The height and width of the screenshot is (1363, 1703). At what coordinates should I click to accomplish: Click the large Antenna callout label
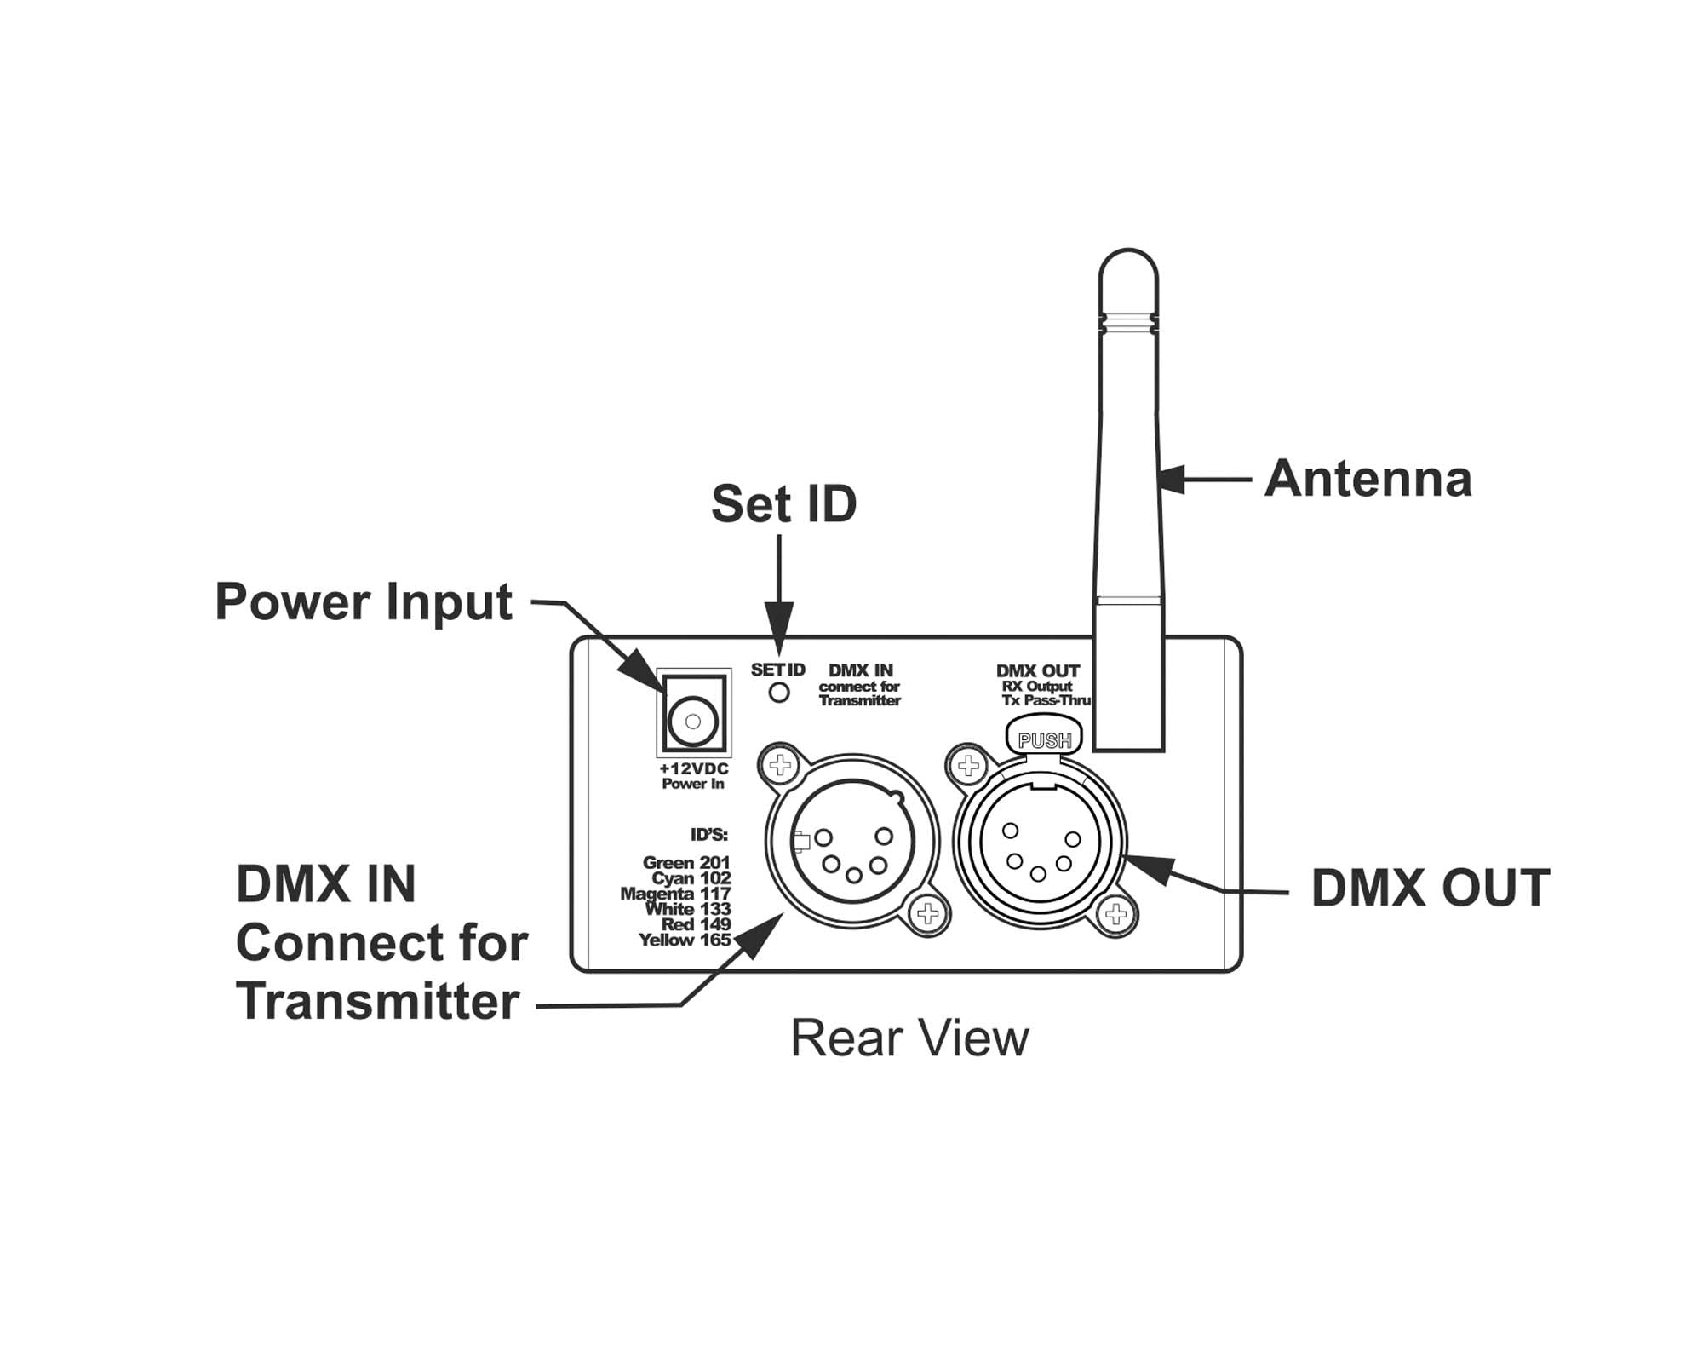pyautogui.click(x=1368, y=479)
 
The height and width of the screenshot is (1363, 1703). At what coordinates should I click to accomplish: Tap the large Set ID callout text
pyautogui.click(x=783, y=504)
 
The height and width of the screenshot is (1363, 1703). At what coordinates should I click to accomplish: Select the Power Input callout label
pyautogui.click(x=364, y=602)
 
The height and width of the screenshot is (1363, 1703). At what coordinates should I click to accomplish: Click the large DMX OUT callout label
pyautogui.click(x=1430, y=889)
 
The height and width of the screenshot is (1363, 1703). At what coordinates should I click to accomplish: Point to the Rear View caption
pyautogui.click(x=909, y=1038)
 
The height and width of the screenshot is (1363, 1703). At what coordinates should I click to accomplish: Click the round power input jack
pyautogui.click(x=693, y=722)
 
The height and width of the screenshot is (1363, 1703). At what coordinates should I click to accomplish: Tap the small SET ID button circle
pyautogui.click(x=778, y=693)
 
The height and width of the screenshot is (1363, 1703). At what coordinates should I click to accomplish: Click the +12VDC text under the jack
pyautogui.click(x=693, y=769)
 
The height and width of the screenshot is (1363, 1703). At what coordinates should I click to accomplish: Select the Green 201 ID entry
pyautogui.click(x=686, y=863)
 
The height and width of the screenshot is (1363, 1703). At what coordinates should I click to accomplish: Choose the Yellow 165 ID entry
pyautogui.click(x=685, y=940)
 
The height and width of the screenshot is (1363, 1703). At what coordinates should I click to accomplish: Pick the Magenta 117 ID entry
pyautogui.click(x=675, y=894)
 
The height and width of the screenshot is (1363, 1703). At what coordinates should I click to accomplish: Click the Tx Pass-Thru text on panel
pyautogui.click(x=1046, y=700)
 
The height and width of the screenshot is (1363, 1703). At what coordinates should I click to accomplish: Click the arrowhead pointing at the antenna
pyautogui.click(x=1172, y=479)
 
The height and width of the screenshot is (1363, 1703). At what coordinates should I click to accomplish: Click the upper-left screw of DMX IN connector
pyautogui.click(x=780, y=764)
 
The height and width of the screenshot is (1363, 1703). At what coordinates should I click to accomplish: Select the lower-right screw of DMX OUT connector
pyautogui.click(x=1115, y=915)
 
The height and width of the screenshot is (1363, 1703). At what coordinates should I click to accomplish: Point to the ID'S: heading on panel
pyautogui.click(x=708, y=835)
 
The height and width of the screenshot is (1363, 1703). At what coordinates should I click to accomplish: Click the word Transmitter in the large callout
pyautogui.click(x=378, y=1001)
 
